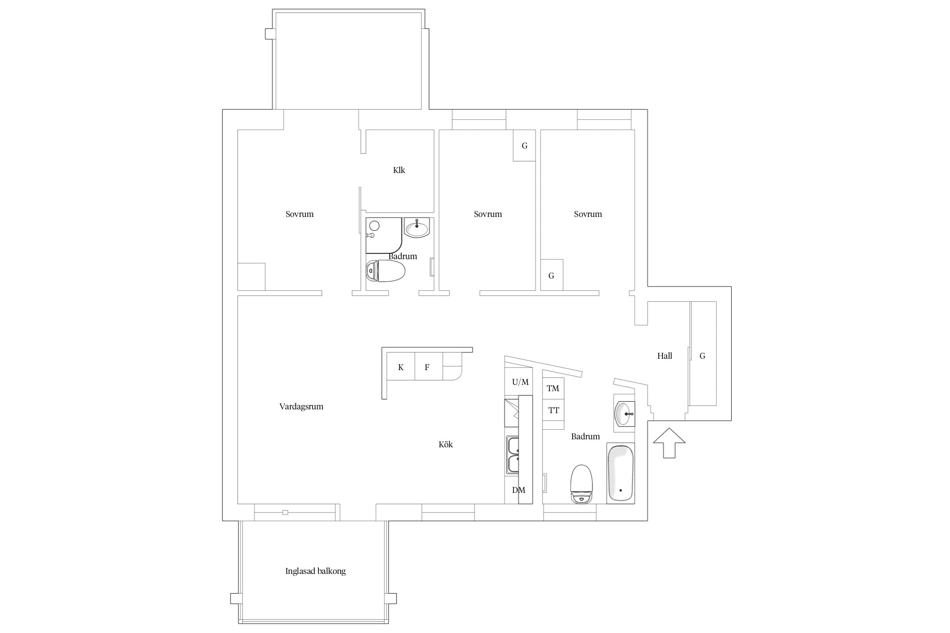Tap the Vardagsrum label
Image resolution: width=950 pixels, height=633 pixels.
pyautogui.click(x=301, y=406)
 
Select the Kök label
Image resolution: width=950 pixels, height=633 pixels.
pyautogui.click(x=445, y=444)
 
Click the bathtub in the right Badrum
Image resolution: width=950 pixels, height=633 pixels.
pyautogui.click(x=620, y=473)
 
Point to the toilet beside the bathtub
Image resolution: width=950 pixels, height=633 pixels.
pyautogui.click(x=581, y=484)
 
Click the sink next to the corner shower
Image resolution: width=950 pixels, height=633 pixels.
pyautogui.click(x=417, y=228)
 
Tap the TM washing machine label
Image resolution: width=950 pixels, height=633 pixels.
pyautogui.click(x=553, y=388)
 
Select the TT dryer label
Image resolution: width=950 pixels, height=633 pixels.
pyautogui.click(x=554, y=410)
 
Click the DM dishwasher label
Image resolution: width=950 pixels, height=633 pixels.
pyautogui.click(x=518, y=490)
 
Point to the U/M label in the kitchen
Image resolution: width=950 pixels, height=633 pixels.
pyautogui.click(x=520, y=382)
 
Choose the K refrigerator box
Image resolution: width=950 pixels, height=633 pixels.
pyautogui.click(x=401, y=367)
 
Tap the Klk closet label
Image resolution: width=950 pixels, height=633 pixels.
pyautogui.click(x=399, y=170)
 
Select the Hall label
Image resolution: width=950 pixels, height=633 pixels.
pyautogui.click(x=665, y=356)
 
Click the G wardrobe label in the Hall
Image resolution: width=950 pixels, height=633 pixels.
pyautogui.click(x=703, y=356)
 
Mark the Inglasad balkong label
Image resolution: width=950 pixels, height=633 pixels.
pyautogui.click(x=315, y=571)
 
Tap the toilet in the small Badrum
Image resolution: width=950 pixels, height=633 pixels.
pyautogui.click(x=385, y=271)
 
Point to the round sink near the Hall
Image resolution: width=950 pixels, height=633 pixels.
pyautogui.click(x=624, y=414)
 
